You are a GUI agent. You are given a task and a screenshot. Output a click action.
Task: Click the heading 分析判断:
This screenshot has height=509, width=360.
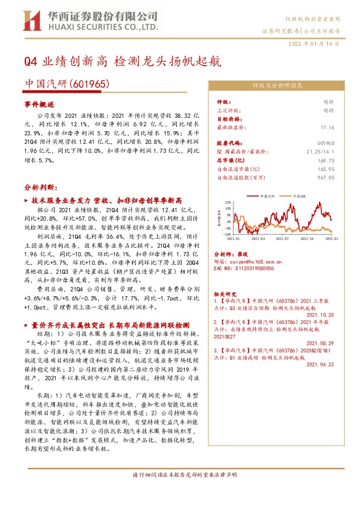click(x=39, y=187)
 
